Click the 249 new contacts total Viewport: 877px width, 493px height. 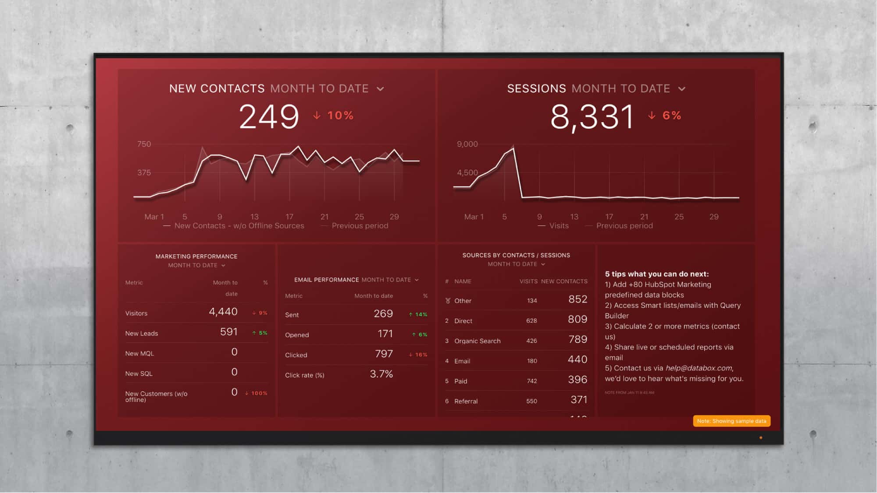pyautogui.click(x=269, y=116)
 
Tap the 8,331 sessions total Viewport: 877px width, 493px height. pyautogui.click(x=592, y=117)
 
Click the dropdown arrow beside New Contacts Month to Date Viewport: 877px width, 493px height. pyautogui.click(x=380, y=89)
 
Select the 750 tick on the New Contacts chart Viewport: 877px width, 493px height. pyautogui.click(x=144, y=144)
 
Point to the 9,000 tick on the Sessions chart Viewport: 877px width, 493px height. pyautogui.click(x=467, y=144)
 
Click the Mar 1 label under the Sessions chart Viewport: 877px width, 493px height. pyautogui.click(x=474, y=217)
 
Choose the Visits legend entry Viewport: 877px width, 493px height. pyautogui.click(x=558, y=226)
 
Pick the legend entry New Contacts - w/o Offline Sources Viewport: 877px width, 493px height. pyautogui.click(x=239, y=226)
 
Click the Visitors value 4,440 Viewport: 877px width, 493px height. pyautogui.click(x=223, y=312)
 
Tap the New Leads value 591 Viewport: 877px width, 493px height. pyautogui.click(x=228, y=332)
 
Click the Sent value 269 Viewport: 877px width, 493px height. pyautogui.click(x=383, y=313)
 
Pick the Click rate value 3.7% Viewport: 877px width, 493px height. pyautogui.click(x=381, y=374)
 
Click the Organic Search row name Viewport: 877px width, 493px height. pyautogui.click(x=477, y=341)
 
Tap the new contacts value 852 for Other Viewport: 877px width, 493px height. pyautogui.click(x=578, y=299)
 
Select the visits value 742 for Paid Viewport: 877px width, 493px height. pyautogui.click(x=531, y=381)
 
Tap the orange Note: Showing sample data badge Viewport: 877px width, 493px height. pyautogui.click(x=731, y=421)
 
